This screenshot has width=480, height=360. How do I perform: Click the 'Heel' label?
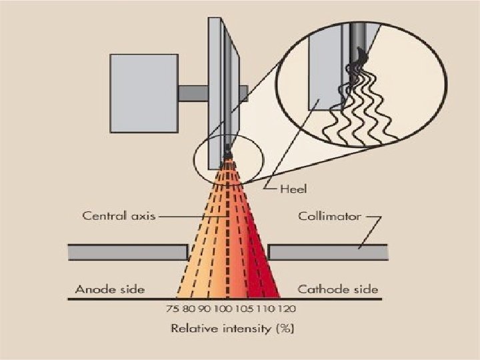[293, 189]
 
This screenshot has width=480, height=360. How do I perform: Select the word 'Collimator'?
[329, 216]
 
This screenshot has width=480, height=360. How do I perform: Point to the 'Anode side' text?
[110, 289]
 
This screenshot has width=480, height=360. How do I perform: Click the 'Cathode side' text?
[337, 289]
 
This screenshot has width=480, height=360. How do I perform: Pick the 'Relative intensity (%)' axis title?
[233, 328]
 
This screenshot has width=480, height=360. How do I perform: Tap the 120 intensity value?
[288, 309]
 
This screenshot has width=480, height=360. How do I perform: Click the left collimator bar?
[127, 253]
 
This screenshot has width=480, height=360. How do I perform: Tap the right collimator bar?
[327, 253]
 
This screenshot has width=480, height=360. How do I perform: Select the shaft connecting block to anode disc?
[193, 92]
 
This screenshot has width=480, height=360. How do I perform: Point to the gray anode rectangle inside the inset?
[326, 70]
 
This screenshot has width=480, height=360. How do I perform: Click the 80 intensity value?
[189, 309]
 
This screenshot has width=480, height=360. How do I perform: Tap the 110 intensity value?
[268, 309]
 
